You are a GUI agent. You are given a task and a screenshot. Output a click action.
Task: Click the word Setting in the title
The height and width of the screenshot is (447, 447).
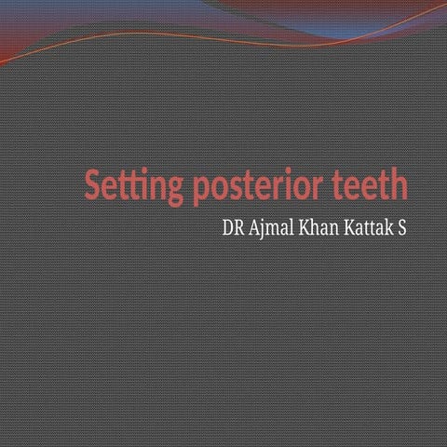[x=134, y=186]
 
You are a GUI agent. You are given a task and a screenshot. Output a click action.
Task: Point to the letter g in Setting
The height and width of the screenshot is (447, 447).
[x=176, y=190]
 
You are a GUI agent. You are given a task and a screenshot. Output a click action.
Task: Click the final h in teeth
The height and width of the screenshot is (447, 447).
[x=399, y=184]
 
